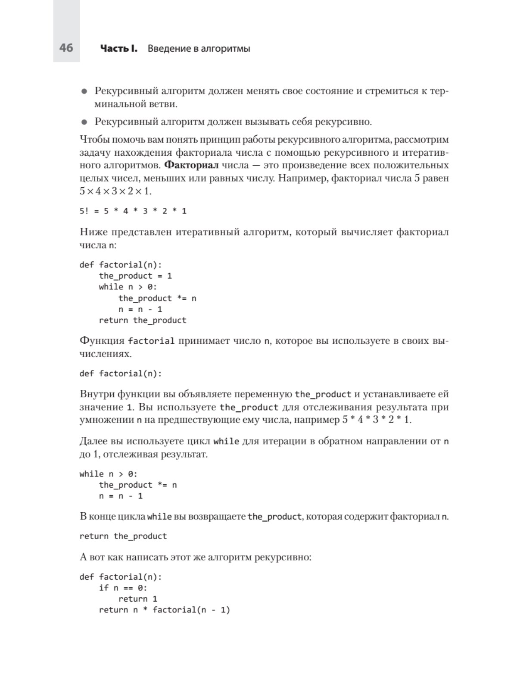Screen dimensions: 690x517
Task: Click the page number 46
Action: [66, 47]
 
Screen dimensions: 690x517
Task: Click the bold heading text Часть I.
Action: [118, 48]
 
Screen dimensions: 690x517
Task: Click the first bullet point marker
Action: [84, 91]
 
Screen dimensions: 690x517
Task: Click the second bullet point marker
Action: [84, 122]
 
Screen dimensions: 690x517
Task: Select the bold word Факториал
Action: [192, 165]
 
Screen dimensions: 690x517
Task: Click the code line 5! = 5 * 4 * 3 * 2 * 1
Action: [133, 211]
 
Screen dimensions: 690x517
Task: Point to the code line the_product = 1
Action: [135, 276]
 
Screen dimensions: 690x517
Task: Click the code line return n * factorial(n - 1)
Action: [164, 610]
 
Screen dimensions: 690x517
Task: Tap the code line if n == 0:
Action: [123, 588]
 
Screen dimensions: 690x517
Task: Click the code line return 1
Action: [138, 599]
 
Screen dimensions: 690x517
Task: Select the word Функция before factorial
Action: [102, 341]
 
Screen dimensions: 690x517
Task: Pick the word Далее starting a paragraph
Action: [93, 441]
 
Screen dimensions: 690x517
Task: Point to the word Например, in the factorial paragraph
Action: [303, 178]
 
